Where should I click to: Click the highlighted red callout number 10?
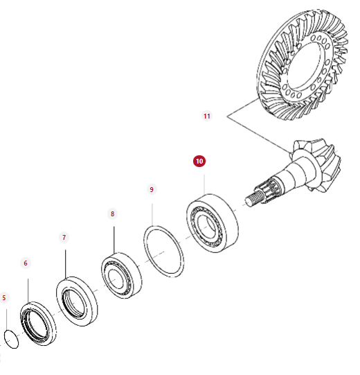click(199, 162)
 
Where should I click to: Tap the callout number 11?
click(207, 116)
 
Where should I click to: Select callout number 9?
click(152, 190)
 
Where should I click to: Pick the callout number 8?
click(113, 213)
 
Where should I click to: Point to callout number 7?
click(64, 237)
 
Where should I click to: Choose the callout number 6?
click(26, 263)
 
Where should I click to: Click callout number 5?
click(4, 298)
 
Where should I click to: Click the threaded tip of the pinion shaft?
click(254, 200)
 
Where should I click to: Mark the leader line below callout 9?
click(152, 215)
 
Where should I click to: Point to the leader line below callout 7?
click(66, 264)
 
